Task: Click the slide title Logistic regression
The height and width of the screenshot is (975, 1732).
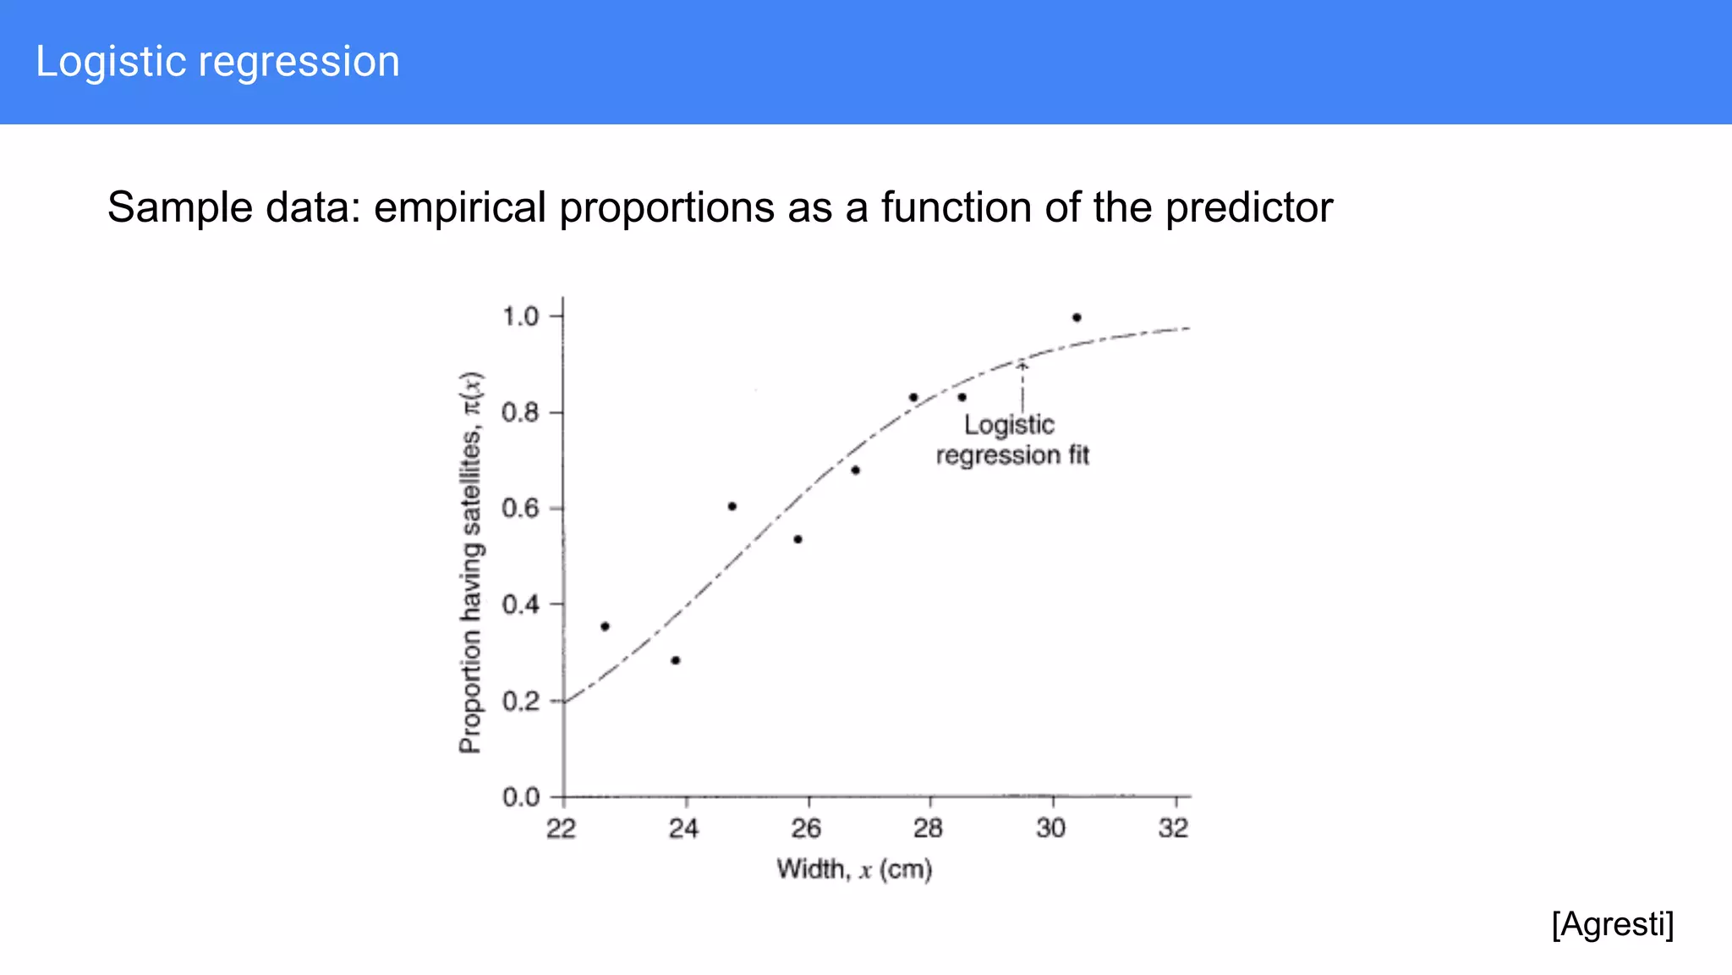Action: pyautogui.click(x=217, y=62)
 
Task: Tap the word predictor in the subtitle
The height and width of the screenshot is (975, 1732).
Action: pyautogui.click(x=1249, y=207)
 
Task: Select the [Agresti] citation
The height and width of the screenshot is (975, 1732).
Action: pyautogui.click(x=1612, y=923)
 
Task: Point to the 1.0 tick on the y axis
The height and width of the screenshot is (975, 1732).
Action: pyautogui.click(x=520, y=317)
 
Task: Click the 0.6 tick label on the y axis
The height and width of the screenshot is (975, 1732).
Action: pyautogui.click(x=520, y=508)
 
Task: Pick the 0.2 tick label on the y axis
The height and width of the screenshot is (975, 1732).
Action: pyautogui.click(x=520, y=701)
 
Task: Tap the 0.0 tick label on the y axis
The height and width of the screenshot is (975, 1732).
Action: pyautogui.click(x=520, y=797)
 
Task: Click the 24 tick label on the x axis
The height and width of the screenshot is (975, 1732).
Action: pyautogui.click(x=683, y=828)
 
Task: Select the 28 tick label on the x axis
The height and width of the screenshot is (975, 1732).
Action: pyautogui.click(x=928, y=828)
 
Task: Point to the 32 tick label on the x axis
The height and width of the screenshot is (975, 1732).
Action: pyautogui.click(x=1173, y=828)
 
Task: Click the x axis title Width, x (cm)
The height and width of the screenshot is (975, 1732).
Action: pyautogui.click(x=854, y=869)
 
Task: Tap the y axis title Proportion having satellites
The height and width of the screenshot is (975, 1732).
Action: pyautogui.click(x=470, y=563)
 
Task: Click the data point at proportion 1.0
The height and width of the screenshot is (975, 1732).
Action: pyautogui.click(x=1077, y=317)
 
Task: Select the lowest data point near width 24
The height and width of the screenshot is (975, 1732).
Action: pyautogui.click(x=675, y=660)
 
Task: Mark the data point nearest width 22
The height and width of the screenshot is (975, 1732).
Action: pyautogui.click(x=605, y=626)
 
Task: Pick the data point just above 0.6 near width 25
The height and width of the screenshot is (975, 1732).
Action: pyautogui.click(x=732, y=506)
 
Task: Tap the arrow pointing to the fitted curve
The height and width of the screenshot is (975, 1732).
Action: pyautogui.click(x=1022, y=385)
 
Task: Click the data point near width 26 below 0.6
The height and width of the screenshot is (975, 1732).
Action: pyautogui.click(x=797, y=539)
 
